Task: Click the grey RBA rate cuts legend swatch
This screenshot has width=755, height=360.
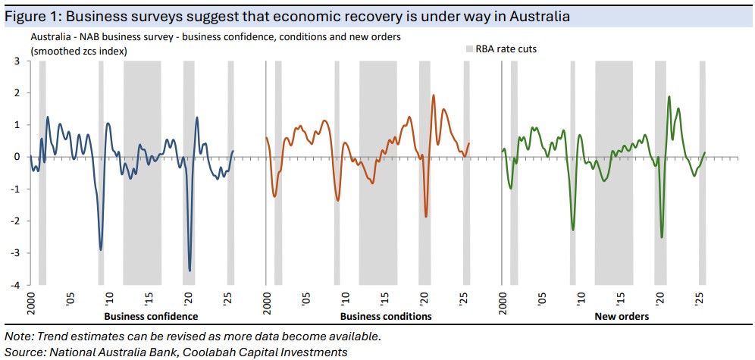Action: [x=468, y=49]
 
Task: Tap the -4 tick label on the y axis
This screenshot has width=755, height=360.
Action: [x=15, y=285]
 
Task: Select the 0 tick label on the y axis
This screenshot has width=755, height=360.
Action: [x=17, y=157]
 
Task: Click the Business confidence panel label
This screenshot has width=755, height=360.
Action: [x=151, y=316]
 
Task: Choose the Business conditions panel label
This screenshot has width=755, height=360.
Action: [x=386, y=316]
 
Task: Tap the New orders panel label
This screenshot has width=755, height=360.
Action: [x=622, y=316]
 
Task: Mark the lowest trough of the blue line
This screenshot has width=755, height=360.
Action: [x=190, y=271]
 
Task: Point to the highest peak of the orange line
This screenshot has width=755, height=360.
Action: [x=433, y=95]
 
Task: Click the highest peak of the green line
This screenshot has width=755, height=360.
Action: [x=669, y=97]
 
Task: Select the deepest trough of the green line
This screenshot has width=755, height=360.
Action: [x=662, y=237]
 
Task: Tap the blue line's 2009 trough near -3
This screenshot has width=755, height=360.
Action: [x=101, y=249]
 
